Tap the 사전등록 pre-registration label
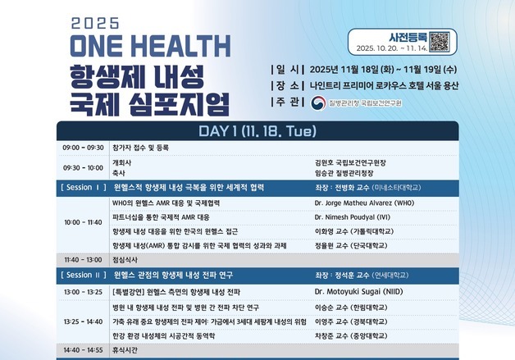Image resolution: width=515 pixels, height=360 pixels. [x=406, y=36]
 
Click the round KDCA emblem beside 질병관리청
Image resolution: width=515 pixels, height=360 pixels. [x=317, y=103]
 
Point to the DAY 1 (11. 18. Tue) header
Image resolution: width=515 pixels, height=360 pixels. [x=257, y=131]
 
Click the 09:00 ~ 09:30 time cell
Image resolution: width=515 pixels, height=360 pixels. [x=83, y=148]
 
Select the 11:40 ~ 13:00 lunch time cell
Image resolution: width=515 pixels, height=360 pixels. [x=83, y=259]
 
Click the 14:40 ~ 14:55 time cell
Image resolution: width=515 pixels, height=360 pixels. [x=83, y=349]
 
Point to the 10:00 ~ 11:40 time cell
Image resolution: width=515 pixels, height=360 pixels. [x=83, y=222]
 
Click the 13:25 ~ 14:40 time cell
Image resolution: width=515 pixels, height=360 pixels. [x=83, y=321]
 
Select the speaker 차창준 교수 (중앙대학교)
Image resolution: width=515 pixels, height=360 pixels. [x=350, y=335]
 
